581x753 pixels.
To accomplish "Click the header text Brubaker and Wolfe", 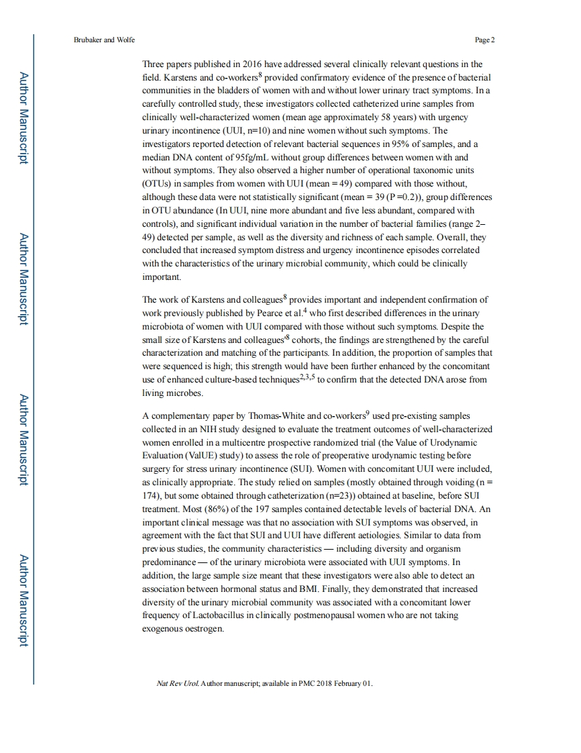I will [x=104, y=40].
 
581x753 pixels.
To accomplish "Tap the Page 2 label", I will [x=484, y=40].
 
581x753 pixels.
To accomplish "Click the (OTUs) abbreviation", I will [x=159, y=183].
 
